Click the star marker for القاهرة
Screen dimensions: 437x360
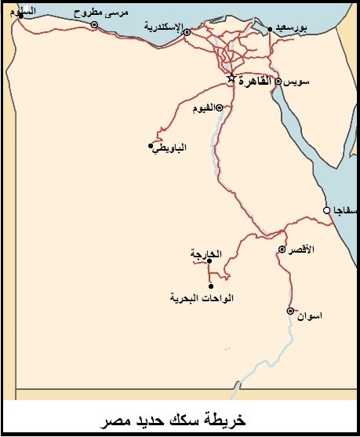(x=231, y=79)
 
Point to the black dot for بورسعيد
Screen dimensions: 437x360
(x=270, y=30)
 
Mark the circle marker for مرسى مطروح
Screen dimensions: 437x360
(x=95, y=24)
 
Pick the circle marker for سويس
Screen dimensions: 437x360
(x=278, y=81)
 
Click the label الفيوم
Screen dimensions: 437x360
(x=203, y=108)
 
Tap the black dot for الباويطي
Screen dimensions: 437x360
(x=151, y=145)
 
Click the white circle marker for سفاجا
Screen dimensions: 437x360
(x=327, y=209)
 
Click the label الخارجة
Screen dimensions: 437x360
(x=206, y=253)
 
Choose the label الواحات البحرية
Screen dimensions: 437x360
(x=202, y=298)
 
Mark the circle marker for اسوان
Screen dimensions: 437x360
(x=290, y=311)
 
